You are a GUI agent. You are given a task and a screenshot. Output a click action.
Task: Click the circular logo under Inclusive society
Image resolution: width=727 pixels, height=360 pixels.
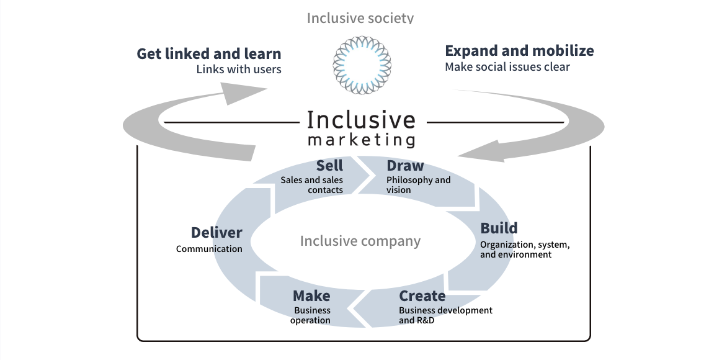pos(363,65)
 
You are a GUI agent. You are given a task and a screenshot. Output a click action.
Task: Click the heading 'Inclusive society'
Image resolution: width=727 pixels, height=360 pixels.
pos(360,17)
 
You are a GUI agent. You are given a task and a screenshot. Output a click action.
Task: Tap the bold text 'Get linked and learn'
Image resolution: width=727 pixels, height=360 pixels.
pos(209,53)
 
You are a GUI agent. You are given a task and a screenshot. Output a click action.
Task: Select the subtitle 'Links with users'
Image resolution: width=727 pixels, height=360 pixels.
pos(239,69)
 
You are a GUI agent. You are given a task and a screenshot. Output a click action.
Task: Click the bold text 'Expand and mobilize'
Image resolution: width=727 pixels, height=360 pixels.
pos(519,50)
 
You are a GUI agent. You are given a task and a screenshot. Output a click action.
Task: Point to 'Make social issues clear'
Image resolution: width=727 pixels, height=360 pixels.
pos(507,66)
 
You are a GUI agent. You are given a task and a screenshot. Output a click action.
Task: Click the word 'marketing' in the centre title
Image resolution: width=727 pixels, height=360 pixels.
pos(362,138)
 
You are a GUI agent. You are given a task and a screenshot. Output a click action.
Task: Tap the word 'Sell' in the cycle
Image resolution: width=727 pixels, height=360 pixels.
pos(329,166)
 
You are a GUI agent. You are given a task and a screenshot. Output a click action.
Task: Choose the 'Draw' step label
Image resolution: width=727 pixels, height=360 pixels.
pos(405,166)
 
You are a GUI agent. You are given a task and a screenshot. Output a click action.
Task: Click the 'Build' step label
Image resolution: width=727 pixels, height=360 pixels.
pos(499,228)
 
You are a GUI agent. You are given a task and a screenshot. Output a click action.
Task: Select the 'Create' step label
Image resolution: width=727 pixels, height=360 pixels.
pos(422,295)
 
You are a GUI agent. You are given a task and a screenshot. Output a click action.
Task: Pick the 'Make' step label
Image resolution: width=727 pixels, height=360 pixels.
pos(311,295)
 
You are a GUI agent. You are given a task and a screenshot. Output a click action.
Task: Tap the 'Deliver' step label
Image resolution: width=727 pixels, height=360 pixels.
pos(216,233)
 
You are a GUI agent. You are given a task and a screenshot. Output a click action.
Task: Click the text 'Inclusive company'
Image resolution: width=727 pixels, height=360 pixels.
pos(360,241)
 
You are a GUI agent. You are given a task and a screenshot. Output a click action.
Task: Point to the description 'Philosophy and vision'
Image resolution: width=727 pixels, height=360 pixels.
pos(418,185)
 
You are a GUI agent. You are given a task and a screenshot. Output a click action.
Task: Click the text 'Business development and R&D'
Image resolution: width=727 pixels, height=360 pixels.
pos(445,315)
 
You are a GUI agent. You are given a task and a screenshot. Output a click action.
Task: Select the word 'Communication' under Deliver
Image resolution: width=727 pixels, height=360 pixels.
pos(209,249)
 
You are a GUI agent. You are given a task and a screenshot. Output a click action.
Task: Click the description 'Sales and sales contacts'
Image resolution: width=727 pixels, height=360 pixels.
pos(312,185)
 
